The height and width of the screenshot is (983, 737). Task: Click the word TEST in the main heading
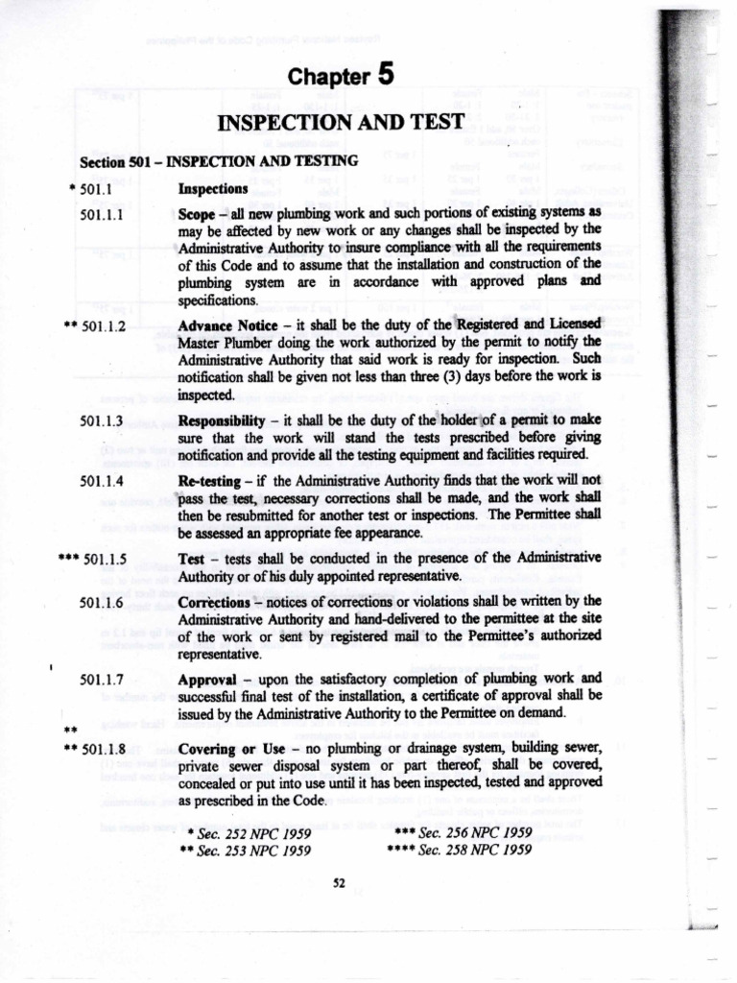pos(431,123)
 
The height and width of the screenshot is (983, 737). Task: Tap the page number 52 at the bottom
pos(338,885)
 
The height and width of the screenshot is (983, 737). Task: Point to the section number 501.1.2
pos(110,325)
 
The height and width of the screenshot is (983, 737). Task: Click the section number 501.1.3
pos(100,421)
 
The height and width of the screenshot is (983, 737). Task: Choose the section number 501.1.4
pos(100,478)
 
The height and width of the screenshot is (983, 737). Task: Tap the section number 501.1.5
pos(110,559)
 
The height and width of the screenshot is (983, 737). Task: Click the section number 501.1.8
pos(110,748)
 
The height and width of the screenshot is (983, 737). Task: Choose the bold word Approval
pos(206,679)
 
